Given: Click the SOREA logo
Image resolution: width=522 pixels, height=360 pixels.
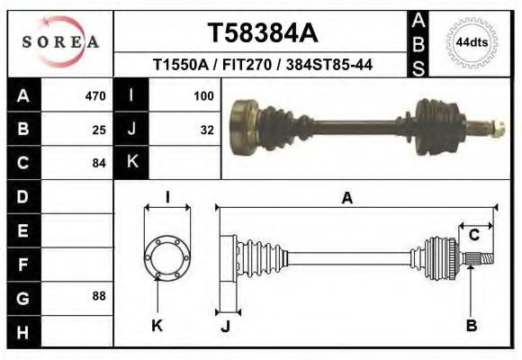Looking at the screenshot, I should pyautogui.click(x=60, y=42).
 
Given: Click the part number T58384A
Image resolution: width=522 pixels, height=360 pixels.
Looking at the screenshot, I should pyautogui.click(x=263, y=32).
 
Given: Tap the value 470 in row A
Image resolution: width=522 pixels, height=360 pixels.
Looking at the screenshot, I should pyautogui.click(x=95, y=95).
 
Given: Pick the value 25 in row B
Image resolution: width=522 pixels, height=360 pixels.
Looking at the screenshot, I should pyautogui.click(x=99, y=129).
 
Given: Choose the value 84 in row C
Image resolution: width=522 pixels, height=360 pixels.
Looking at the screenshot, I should pyautogui.click(x=99, y=163).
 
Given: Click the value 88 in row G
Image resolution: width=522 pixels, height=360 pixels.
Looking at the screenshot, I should pyautogui.click(x=99, y=296).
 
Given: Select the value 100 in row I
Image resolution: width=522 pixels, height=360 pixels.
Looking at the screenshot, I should pyautogui.click(x=202, y=95).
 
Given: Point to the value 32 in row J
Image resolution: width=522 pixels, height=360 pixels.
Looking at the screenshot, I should pyautogui.click(x=206, y=129).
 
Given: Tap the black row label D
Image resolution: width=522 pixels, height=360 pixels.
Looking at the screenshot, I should pyautogui.click(x=22, y=196).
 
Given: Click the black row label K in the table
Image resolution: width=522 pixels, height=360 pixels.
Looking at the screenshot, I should pyautogui.click(x=131, y=163).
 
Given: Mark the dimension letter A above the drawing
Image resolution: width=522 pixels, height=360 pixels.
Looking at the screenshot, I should pyautogui.click(x=346, y=200).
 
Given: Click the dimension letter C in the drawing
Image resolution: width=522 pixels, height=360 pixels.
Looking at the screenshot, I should pyautogui.click(x=473, y=235).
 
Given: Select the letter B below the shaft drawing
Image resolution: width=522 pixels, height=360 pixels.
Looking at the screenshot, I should pyautogui.click(x=471, y=326).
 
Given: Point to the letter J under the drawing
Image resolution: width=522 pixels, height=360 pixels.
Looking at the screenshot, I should pyautogui.click(x=226, y=327).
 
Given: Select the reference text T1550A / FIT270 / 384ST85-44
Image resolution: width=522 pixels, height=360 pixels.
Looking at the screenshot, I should pyautogui.click(x=263, y=65).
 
